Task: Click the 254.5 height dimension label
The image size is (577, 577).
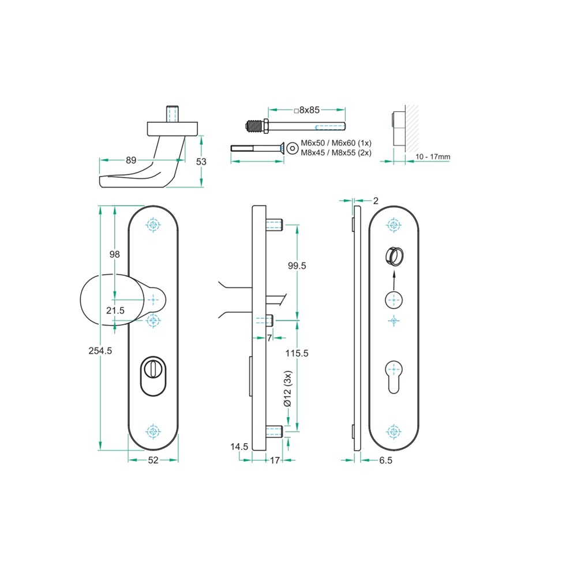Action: [100, 351]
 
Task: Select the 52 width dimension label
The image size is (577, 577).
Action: [153, 460]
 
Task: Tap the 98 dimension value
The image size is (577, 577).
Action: [114, 254]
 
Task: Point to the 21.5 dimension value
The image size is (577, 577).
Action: [115, 310]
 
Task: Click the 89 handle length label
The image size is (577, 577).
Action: [131, 160]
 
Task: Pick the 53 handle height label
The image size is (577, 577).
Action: [201, 162]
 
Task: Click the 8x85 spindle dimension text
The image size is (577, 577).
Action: [307, 110]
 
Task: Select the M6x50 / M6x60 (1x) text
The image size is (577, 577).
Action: [336, 143]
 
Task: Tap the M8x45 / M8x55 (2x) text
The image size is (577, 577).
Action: [336, 153]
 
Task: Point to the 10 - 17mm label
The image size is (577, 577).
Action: [433, 157]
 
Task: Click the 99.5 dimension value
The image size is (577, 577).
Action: [297, 265]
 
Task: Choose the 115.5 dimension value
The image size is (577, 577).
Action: [297, 353]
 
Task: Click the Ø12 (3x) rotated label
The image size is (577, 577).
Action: [287, 388]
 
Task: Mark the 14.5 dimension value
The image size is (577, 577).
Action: [239, 447]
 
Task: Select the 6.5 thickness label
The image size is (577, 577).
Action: [385, 460]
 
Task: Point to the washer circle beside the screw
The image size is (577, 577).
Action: [292, 148]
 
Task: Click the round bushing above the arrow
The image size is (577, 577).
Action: [394, 257]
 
